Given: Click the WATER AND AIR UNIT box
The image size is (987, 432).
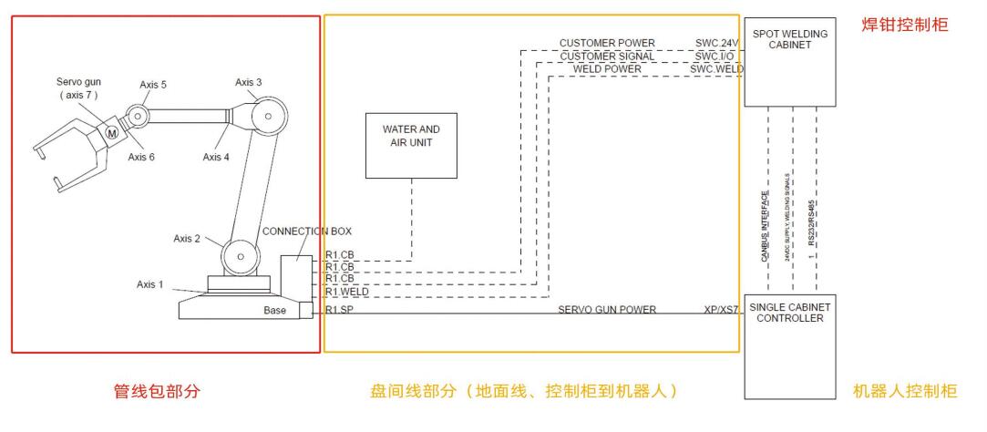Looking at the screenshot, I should click(x=410, y=145).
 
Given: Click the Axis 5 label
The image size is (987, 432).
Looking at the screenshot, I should click(x=154, y=85).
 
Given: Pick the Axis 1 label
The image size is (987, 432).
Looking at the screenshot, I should click(x=150, y=284).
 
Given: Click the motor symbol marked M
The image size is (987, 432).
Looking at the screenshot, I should click(x=111, y=133).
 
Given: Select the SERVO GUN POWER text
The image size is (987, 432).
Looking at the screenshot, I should click(x=607, y=311).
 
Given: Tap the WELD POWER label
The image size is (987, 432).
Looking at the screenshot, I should click(x=607, y=69).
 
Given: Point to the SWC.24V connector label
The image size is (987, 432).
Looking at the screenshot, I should click(x=716, y=43).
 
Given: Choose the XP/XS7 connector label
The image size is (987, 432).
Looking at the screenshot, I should click(x=719, y=311).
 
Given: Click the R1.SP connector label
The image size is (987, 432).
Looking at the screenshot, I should click(x=340, y=311).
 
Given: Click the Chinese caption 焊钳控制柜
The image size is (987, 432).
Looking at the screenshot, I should click(x=906, y=26).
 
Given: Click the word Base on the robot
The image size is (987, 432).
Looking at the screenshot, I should click(x=273, y=312).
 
